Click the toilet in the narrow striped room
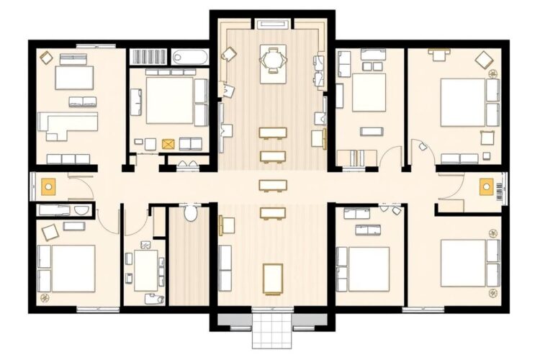(x=191, y=213)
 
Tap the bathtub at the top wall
(x=189, y=55)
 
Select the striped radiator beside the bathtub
(x=148, y=56)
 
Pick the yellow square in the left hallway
(x=49, y=186)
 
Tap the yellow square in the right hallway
(x=486, y=186)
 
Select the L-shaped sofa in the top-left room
(x=68, y=125)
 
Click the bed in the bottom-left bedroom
(x=73, y=268)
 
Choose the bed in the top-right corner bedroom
(x=462, y=102)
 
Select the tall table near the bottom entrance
(x=273, y=279)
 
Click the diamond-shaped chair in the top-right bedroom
(x=483, y=60)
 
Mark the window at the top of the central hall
(x=272, y=24)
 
